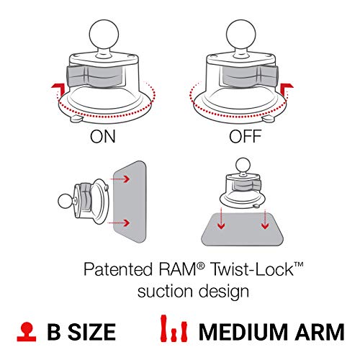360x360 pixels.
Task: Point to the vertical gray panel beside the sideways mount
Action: pos(132,204)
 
